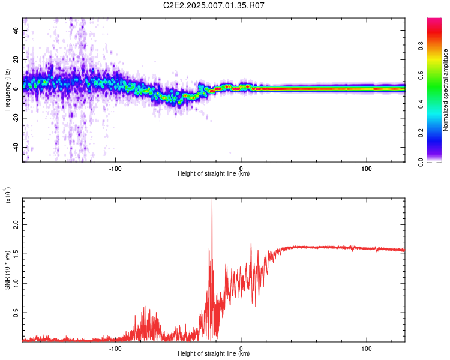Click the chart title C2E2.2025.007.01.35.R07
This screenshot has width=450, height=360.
pyautogui.click(x=214, y=5)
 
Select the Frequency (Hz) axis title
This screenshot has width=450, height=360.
pyautogui.click(x=7, y=90)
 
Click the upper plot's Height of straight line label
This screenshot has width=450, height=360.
pyautogui.click(x=214, y=174)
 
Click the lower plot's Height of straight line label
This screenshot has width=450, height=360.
pyautogui.click(x=214, y=354)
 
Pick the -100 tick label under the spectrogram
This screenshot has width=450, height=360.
pyautogui.click(x=115, y=168)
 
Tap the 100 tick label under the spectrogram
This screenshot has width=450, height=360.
pyautogui.click(x=367, y=168)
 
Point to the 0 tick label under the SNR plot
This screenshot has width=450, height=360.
pyautogui.click(x=241, y=348)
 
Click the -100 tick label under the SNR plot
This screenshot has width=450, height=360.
pyautogui.click(x=115, y=348)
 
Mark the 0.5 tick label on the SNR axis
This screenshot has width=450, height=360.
pyautogui.click(x=16, y=313)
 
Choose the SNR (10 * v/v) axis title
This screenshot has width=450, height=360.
pyautogui.click(x=7, y=270)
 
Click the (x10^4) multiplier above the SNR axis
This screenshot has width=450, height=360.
pyautogui.click(x=7, y=196)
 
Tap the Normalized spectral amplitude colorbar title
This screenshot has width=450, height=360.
pyautogui.click(x=446, y=90)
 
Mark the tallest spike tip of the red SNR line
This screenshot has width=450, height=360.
pyautogui.click(x=212, y=200)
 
